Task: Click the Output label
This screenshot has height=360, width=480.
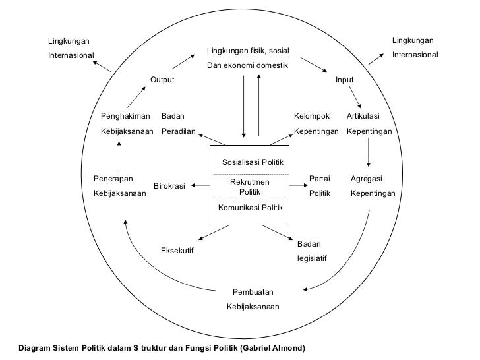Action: pos(162,80)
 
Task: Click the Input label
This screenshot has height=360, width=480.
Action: pos(344,80)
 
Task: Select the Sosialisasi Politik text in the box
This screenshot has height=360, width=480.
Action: pos(253,162)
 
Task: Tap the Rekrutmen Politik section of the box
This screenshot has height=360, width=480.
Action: pos(251,186)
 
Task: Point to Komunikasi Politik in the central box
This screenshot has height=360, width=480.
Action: pos(251,208)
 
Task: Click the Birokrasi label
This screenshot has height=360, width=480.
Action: pos(169,186)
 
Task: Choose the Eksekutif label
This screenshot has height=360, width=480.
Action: pos(177,251)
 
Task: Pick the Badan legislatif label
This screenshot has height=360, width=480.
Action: pos(311,251)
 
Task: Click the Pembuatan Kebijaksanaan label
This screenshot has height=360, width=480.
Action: pos(253,299)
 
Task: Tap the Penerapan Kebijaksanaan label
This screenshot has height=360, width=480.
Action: pos(119,186)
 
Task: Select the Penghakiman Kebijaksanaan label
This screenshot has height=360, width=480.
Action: pos(127,124)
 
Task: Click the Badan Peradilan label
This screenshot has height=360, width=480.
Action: pos(179,124)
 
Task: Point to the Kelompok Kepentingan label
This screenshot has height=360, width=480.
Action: pos(316,124)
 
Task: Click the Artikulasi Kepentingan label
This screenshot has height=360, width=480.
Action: pos(369,124)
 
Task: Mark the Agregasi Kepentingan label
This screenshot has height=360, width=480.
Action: pos(373,186)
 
